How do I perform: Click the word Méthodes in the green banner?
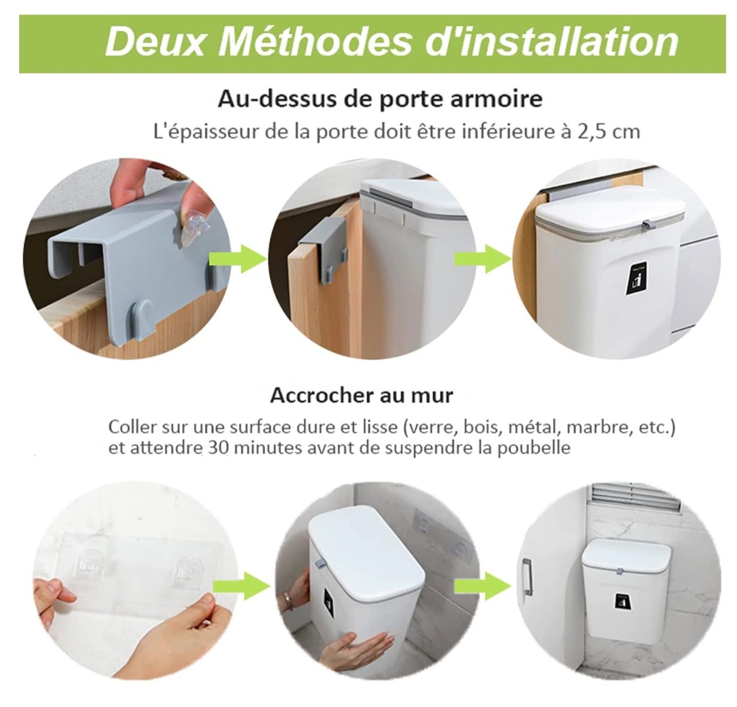[315, 42]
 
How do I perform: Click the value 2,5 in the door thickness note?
[590, 132]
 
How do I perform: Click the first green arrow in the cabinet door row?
[238, 258]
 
